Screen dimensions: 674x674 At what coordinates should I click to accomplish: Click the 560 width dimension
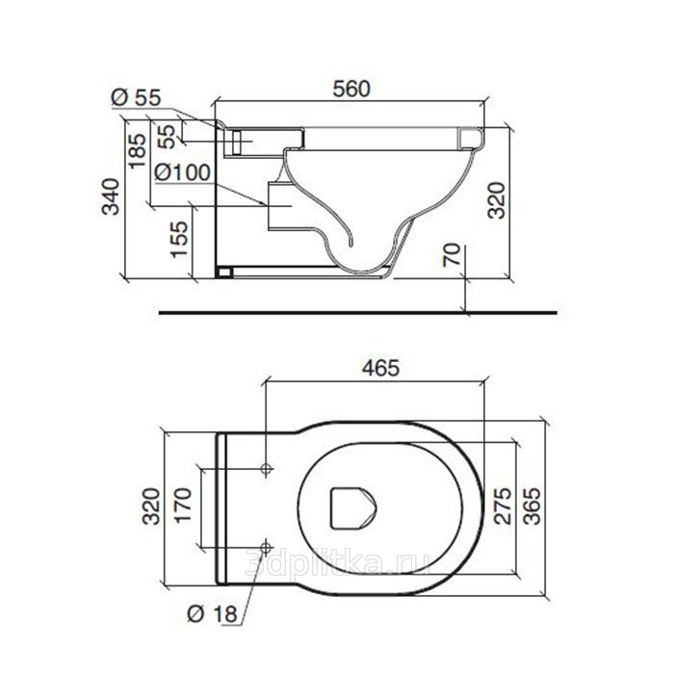351,89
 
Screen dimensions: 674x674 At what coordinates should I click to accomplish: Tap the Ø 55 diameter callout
136,97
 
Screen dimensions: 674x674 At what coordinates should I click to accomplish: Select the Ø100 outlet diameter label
183,172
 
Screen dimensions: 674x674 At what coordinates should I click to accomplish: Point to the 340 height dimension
111,196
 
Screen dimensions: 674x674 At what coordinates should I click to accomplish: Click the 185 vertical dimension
138,151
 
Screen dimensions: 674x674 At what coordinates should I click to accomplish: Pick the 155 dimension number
179,240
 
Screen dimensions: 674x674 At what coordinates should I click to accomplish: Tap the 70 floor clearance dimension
453,254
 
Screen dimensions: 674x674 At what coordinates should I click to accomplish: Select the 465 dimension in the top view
380,368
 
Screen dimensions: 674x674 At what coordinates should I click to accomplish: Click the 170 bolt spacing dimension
182,505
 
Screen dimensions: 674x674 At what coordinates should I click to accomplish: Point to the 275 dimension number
503,505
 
